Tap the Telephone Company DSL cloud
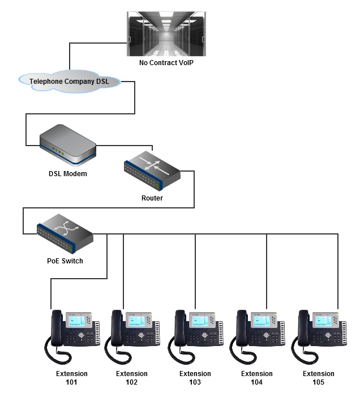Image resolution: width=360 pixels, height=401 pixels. [x=70, y=82]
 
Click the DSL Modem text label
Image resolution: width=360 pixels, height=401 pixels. [x=67, y=174]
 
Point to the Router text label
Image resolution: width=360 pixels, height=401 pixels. [x=152, y=198]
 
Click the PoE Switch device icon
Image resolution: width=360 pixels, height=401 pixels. [x=65, y=233]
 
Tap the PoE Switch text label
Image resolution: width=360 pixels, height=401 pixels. [x=65, y=261]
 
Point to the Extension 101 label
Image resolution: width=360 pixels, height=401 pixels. [x=72, y=378]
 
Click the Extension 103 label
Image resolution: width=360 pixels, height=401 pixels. [x=195, y=378]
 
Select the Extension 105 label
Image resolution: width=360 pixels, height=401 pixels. [x=318, y=378]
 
